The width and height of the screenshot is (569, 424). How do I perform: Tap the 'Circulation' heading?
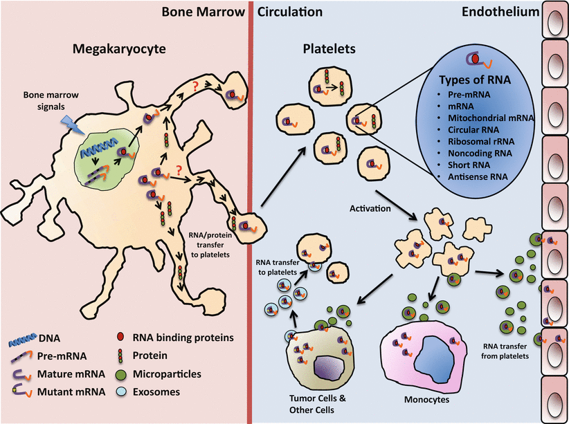click(291, 12)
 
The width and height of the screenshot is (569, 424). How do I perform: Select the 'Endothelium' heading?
click(496, 12)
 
